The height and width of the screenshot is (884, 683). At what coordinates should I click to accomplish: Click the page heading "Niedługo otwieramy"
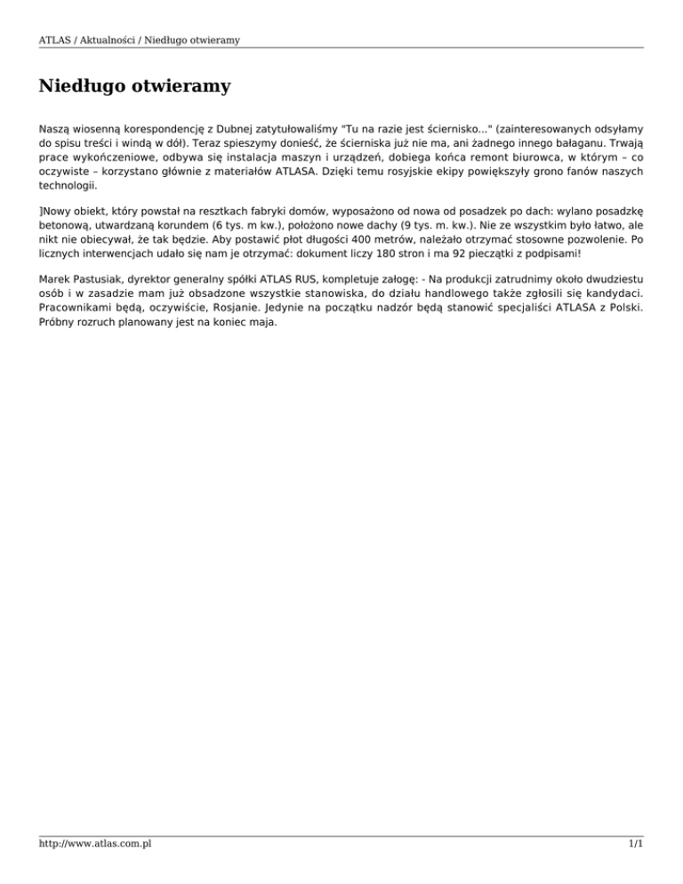point(135,87)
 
